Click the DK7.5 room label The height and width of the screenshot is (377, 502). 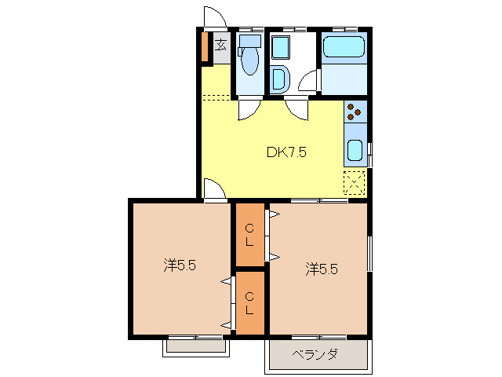pos(286,152)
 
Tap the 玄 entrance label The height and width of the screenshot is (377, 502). pos(221,45)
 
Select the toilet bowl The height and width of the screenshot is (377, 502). pos(249,57)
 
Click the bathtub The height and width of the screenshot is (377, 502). pos(344,47)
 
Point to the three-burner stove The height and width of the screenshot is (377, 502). pos(355,112)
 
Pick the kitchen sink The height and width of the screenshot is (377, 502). pos(355,149)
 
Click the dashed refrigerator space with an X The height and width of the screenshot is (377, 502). pos(355,182)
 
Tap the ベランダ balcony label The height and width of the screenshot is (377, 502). pos(315,355)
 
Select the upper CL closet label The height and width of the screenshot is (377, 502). pos(249,235)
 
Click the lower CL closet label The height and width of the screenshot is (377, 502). pos(249,302)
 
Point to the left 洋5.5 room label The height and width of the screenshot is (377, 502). pos(180,265)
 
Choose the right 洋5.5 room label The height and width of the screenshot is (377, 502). pos(322,269)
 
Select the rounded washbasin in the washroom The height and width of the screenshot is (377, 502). pos(279,79)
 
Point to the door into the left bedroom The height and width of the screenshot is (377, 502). pos(213,189)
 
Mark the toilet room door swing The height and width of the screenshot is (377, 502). pos(248,109)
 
